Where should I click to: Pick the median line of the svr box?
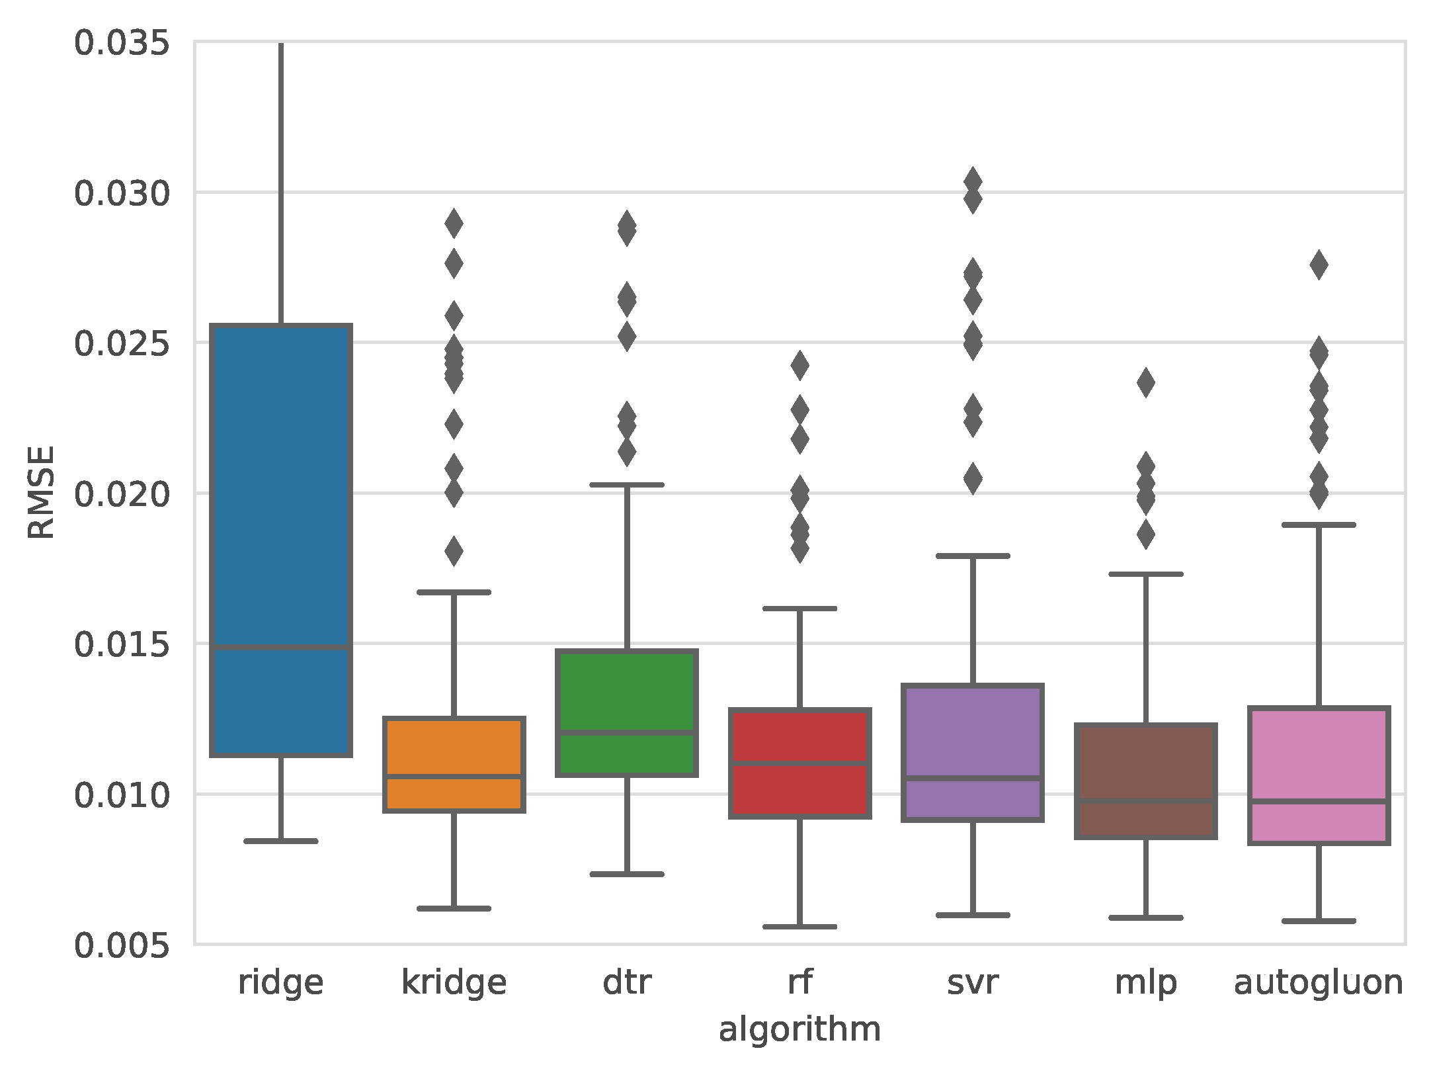click(x=973, y=778)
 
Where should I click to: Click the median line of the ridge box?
click(x=281, y=647)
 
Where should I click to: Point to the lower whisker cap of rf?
click(x=799, y=926)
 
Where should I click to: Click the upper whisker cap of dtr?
click(x=627, y=485)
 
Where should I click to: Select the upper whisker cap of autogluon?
click(x=1319, y=525)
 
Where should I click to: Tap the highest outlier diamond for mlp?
click(x=1145, y=383)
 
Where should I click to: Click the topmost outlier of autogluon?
click(x=1319, y=265)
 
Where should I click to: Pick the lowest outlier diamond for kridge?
click(x=454, y=551)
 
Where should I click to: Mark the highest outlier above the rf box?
click(x=799, y=366)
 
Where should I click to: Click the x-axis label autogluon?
click(x=1319, y=982)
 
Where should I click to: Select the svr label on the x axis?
click(x=973, y=982)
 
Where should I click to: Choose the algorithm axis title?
click(x=799, y=1030)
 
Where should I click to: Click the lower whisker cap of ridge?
click(x=281, y=841)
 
